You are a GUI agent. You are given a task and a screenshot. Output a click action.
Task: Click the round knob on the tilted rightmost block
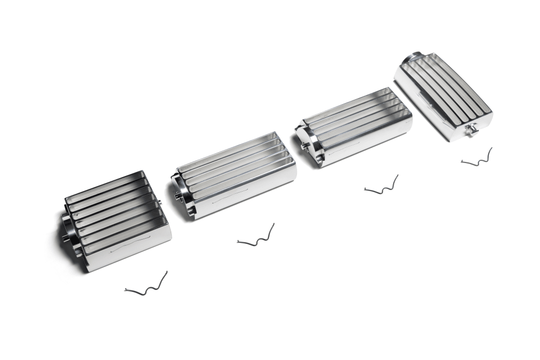pos(473,129)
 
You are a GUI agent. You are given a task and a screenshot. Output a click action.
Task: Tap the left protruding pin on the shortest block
pos(65,236)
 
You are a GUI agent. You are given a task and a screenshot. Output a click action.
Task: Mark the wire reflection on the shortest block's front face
pos(126,246)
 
